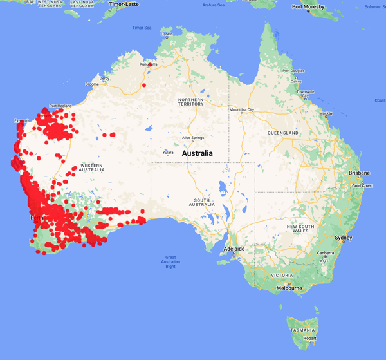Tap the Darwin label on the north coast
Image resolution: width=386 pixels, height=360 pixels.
coord(167,35)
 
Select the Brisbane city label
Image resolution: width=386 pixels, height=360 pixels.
coord(359,173)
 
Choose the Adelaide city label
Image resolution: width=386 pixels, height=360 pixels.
coord(234,248)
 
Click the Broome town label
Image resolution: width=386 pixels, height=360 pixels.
coord(92,84)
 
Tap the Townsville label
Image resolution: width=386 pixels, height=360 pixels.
coord(305,92)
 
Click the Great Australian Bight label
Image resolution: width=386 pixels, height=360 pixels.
coord(170,262)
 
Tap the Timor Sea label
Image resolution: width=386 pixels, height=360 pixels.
coord(142,28)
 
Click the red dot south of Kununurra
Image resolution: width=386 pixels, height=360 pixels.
coord(143,85)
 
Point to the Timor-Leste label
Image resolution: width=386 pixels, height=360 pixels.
coord(125,4)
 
